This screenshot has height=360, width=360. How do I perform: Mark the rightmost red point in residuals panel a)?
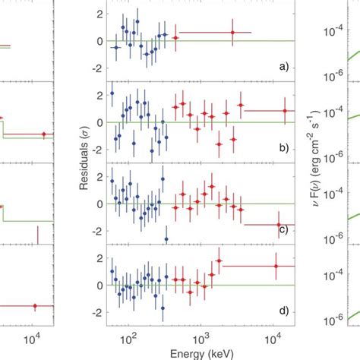(x=233, y=32)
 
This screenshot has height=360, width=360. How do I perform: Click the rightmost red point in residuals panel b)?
(x=285, y=111)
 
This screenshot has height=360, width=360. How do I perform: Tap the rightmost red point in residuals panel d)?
(x=276, y=266)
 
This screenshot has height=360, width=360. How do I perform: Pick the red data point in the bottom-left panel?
(x=34, y=306)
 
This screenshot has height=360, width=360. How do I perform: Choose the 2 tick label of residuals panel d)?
(x=98, y=258)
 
